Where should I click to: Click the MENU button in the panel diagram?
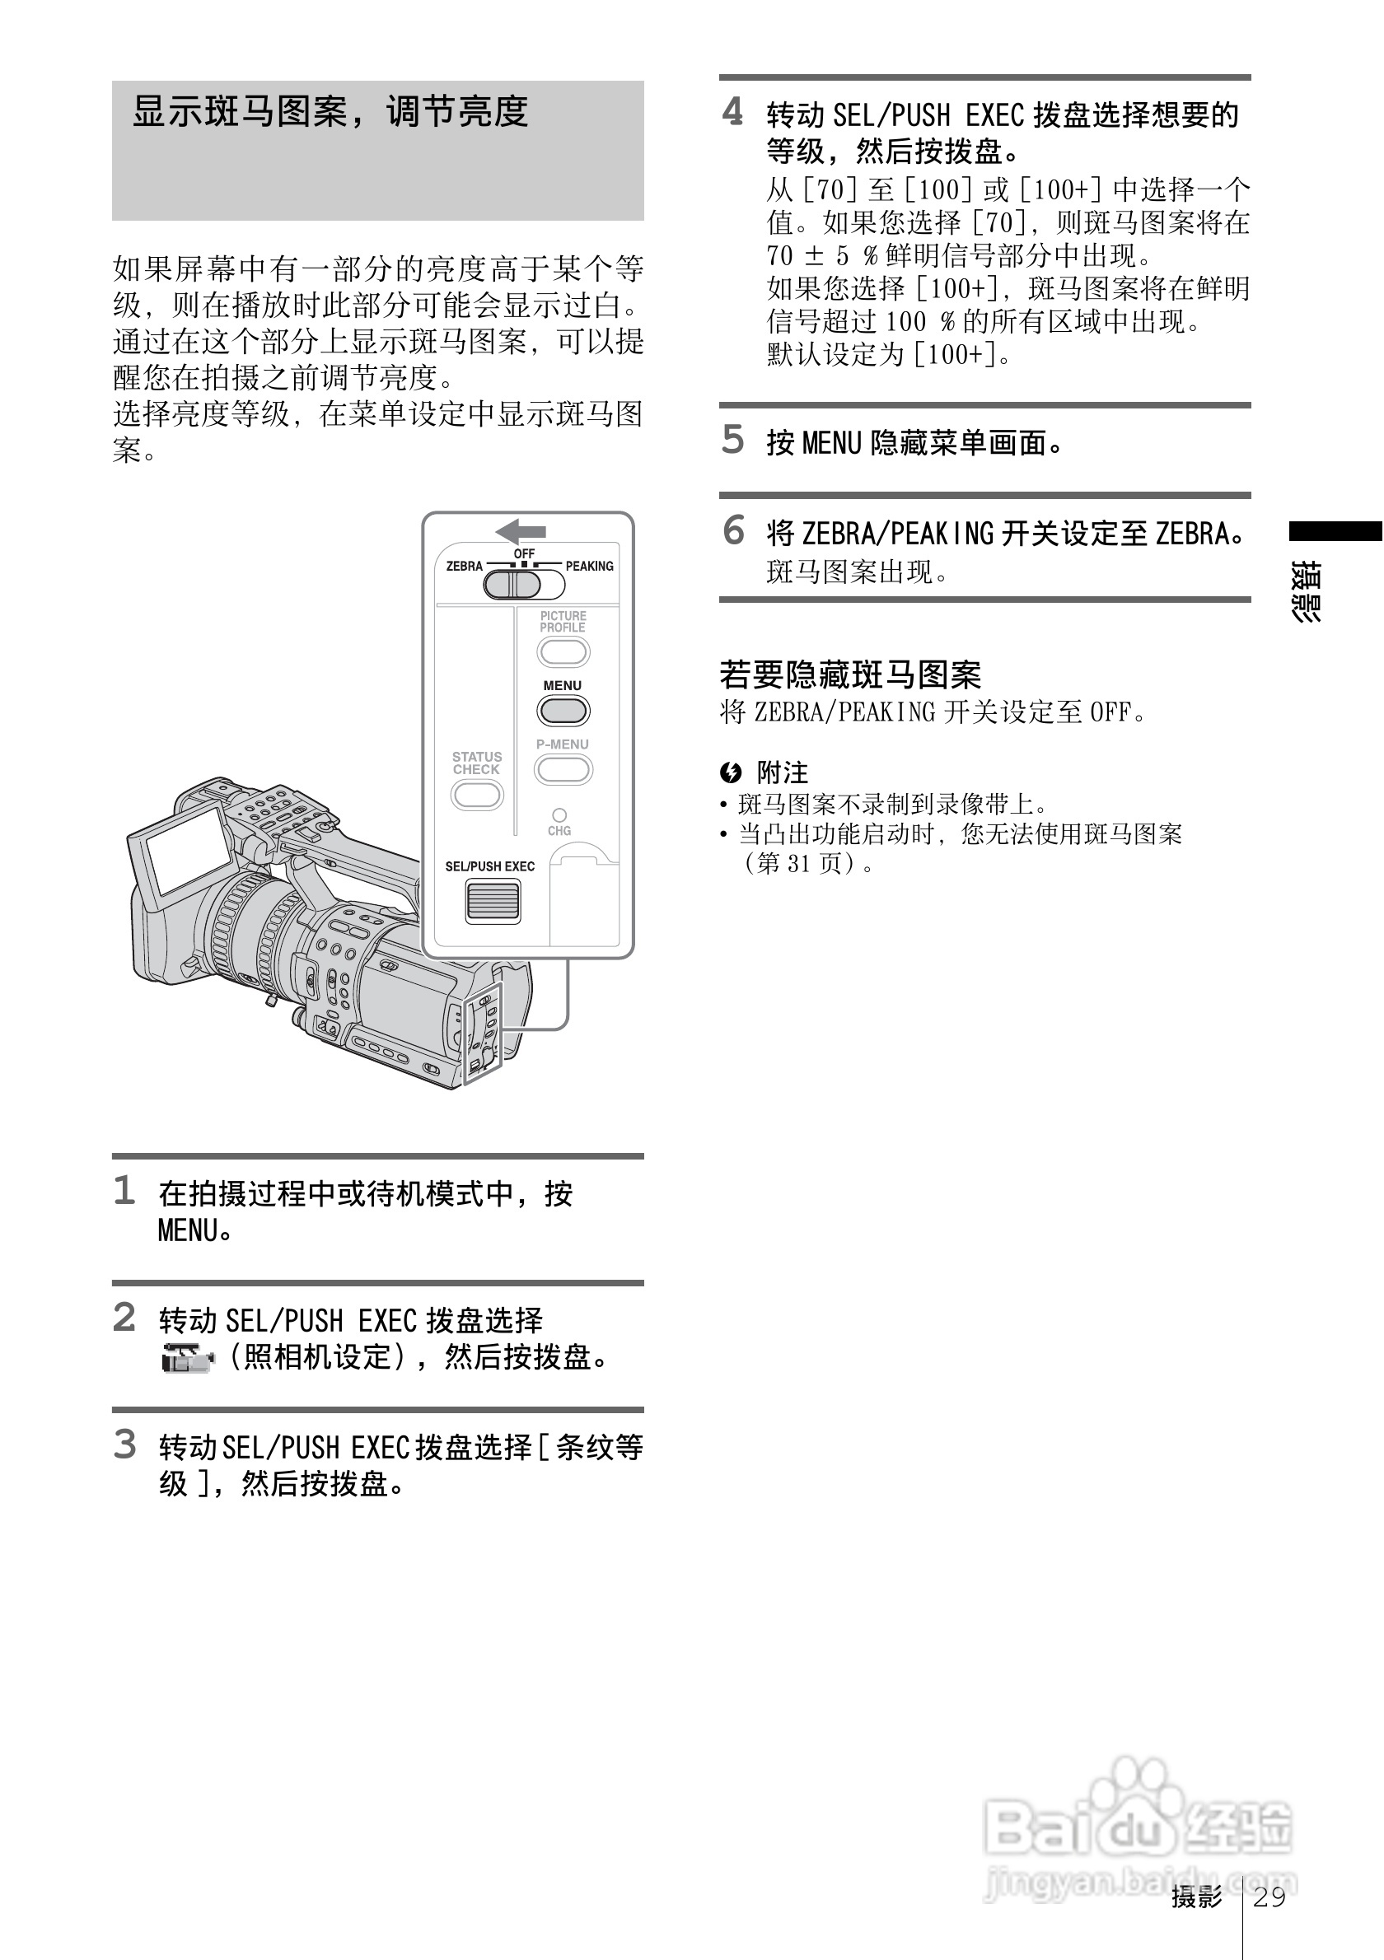tap(563, 710)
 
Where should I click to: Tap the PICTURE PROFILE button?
tap(563, 652)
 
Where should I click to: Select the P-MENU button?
tap(563, 770)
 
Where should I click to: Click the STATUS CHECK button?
tap(476, 796)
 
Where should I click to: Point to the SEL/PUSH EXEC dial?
tap(493, 901)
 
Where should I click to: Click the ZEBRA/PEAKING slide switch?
tap(523, 585)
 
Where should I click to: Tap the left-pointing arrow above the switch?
tap(520, 531)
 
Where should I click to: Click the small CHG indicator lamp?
tap(559, 814)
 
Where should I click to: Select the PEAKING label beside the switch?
tap(589, 566)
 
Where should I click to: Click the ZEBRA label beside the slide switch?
tap(464, 566)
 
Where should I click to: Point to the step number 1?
tap(124, 1191)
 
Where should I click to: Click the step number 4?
tap(732, 112)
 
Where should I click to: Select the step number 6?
tap(733, 530)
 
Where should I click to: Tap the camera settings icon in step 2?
tap(188, 1358)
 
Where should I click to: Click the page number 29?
tap(1269, 1896)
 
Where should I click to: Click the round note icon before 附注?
tap(731, 772)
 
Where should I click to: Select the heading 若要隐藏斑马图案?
tap(849, 674)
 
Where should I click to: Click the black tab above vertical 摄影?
tap(1335, 531)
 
